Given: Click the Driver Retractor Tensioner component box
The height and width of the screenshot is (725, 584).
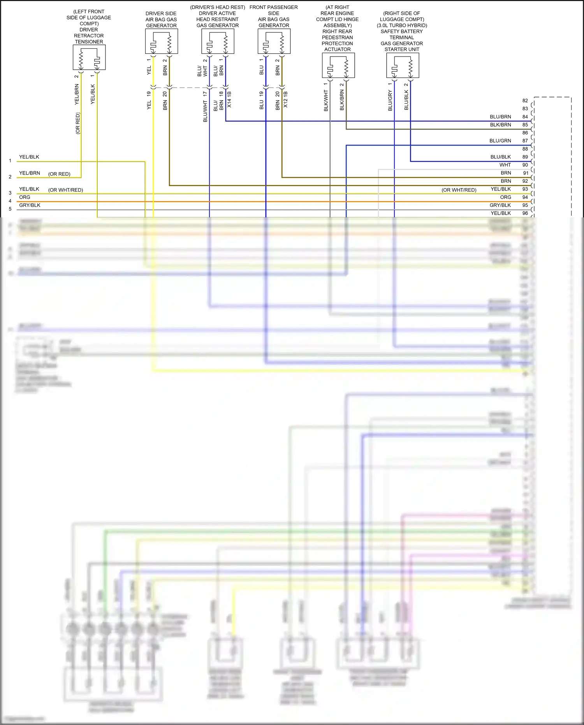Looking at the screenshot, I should (x=89, y=57).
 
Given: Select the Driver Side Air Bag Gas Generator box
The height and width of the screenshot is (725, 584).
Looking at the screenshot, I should (x=161, y=41).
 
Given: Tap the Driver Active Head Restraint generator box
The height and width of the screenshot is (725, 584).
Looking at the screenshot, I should (x=218, y=41).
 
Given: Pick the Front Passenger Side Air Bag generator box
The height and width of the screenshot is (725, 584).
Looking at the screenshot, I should (x=274, y=41).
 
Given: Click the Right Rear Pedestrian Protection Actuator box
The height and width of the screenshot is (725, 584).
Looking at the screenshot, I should (x=338, y=65).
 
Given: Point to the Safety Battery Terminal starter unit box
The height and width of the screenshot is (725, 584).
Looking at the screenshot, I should (x=403, y=65).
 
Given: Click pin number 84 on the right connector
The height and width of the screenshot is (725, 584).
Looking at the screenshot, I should (x=525, y=117).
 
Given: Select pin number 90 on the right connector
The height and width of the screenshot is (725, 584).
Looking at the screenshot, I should (x=525, y=165).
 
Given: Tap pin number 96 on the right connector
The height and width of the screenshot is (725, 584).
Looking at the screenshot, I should (x=525, y=213).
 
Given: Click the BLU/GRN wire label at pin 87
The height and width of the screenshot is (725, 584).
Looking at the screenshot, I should (x=500, y=141).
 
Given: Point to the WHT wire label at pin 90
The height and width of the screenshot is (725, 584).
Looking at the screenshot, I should (x=505, y=165).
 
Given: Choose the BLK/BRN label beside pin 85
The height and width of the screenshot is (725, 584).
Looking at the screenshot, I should (x=500, y=125).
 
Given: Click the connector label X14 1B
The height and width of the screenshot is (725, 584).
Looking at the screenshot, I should (x=229, y=100).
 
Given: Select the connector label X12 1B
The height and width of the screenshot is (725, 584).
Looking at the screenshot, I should (x=285, y=100).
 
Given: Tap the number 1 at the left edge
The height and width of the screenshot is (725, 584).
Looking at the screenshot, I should (x=10, y=161).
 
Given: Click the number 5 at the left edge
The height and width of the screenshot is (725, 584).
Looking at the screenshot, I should (x=10, y=209).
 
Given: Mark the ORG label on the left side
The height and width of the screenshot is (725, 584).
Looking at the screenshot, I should (x=25, y=198).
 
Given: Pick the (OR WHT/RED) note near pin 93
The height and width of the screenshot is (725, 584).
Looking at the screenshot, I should (x=459, y=190).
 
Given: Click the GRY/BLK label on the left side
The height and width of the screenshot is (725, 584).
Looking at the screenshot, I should (x=30, y=205).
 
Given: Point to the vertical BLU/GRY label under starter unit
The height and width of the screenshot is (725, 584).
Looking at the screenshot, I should (x=390, y=101).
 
